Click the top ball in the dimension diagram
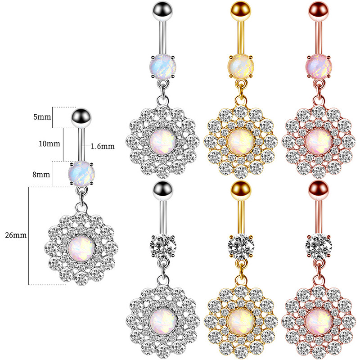[81, 118]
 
